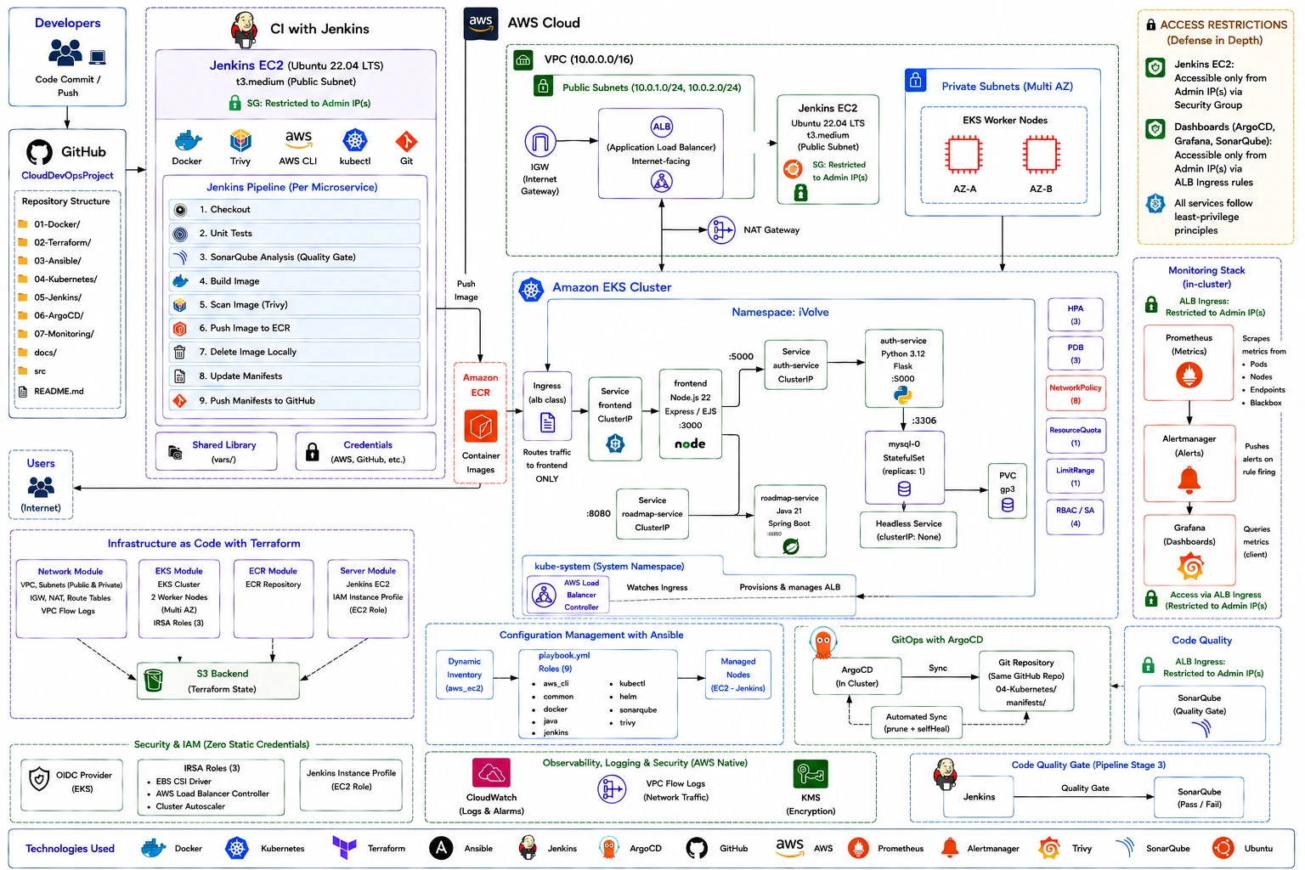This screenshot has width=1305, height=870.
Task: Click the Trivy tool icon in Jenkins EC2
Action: [x=240, y=140]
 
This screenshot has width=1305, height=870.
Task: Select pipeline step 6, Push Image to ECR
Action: [x=294, y=328]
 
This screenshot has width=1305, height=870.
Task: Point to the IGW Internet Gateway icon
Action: [x=540, y=141]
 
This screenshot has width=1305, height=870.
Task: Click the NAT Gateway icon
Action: [x=721, y=230]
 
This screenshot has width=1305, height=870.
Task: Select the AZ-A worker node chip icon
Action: [x=964, y=155]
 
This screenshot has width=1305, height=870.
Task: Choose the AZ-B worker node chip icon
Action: [x=1041, y=155]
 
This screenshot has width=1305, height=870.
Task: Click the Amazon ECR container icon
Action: [x=481, y=427]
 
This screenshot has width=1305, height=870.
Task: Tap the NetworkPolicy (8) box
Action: [x=1075, y=394]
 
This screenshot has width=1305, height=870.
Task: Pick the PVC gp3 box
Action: [x=1008, y=491]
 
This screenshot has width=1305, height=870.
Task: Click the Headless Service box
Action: [x=908, y=529]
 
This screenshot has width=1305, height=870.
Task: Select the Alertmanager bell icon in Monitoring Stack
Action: [x=1189, y=479]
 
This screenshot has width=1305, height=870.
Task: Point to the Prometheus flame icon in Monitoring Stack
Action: [x=1189, y=375]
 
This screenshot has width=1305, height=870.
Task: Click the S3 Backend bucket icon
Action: [x=153, y=680]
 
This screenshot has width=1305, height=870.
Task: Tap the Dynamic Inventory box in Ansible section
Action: [x=465, y=675]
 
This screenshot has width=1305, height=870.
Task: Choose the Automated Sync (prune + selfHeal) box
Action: [x=917, y=722]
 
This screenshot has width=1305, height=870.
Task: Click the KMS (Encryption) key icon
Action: [x=811, y=774]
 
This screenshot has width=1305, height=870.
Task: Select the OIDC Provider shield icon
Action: [x=39, y=779]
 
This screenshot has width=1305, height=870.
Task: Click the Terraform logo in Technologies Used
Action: [x=344, y=847]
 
